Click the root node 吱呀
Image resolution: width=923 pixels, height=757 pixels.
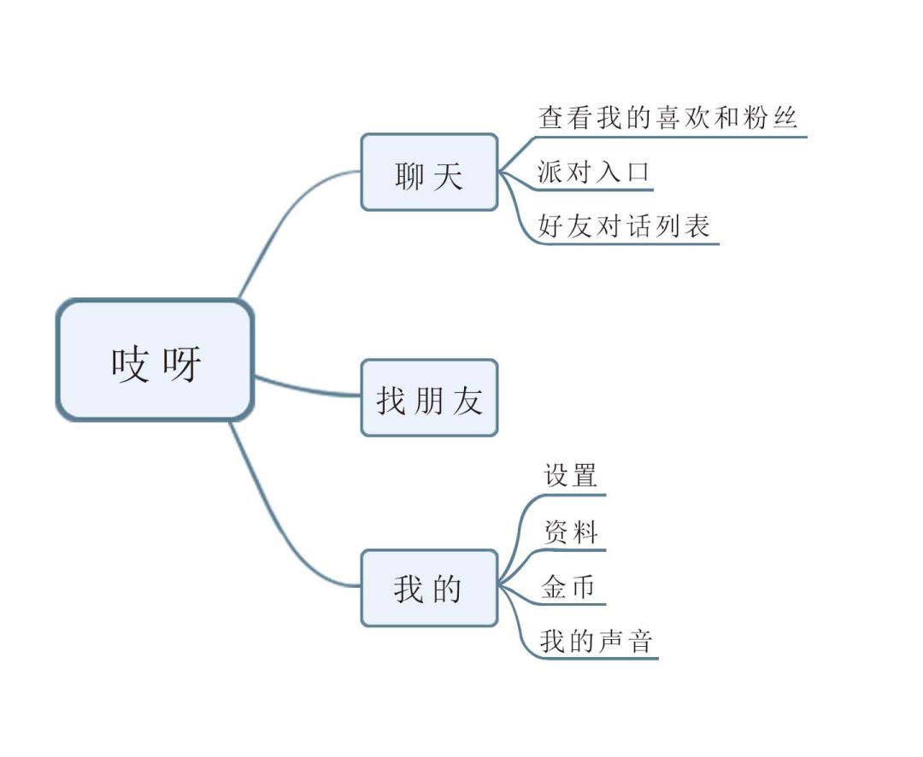coord(155,361)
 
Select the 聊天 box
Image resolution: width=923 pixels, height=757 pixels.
coord(429,172)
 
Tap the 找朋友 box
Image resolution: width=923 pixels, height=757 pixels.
coord(429,398)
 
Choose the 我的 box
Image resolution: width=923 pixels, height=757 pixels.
coord(429,588)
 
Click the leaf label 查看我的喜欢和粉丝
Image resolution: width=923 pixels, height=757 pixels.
coord(668,117)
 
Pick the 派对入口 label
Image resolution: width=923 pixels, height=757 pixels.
coord(593,171)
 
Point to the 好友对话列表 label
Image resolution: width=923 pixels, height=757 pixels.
coord(624,226)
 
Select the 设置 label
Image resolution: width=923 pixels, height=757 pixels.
coord(570,475)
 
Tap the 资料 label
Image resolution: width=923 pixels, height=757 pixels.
coord(570,531)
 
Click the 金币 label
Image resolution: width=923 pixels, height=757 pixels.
coord(568,587)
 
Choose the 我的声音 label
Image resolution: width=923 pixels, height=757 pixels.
coord(597,641)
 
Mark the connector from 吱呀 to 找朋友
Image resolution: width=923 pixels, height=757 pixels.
coord(308,388)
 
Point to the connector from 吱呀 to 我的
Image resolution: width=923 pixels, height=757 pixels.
coord(277,530)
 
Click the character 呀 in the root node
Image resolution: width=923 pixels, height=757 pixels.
coord(182,363)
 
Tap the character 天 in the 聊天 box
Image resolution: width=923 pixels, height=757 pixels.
coord(449,175)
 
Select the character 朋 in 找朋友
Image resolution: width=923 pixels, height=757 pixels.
coord(428,401)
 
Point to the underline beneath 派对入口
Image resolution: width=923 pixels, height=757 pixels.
coord(595,190)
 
